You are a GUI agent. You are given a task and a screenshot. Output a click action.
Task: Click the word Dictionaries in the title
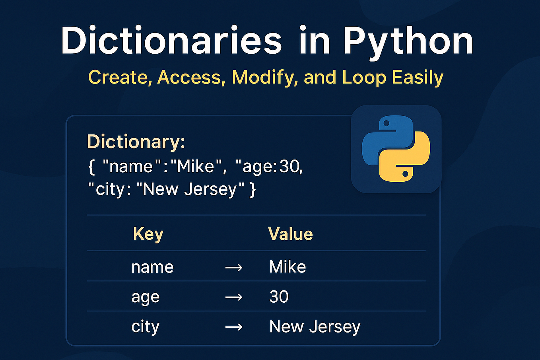(171, 41)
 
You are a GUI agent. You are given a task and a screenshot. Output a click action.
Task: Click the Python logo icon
(396, 149)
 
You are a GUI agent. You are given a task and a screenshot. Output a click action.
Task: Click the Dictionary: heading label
(136, 142)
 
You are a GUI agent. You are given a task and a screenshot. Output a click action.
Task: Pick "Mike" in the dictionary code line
(198, 166)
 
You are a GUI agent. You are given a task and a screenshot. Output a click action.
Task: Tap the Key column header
(148, 234)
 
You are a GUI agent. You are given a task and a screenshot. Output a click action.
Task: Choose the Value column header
(290, 234)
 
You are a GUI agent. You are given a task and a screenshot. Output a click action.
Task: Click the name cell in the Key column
(152, 267)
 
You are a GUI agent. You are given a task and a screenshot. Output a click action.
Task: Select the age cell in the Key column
(145, 298)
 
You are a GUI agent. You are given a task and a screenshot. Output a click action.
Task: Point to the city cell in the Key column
(145, 327)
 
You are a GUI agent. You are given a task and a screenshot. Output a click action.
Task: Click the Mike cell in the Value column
(287, 267)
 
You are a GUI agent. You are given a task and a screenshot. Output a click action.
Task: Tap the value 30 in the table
(279, 297)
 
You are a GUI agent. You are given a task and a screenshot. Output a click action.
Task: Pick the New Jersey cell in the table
(315, 327)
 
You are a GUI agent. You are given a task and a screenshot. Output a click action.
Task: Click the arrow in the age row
(233, 297)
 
